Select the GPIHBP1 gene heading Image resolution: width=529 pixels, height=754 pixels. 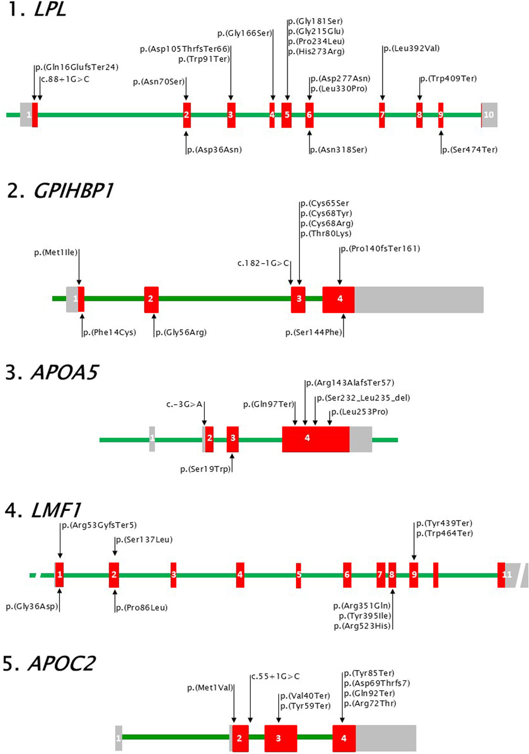tap(73, 191)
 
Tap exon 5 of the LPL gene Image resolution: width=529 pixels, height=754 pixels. tap(287, 115)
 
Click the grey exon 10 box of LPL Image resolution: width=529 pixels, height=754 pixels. tap(490, 115)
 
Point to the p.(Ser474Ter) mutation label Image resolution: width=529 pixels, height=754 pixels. tap(470, 150)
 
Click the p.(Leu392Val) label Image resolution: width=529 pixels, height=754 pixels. tap(412, 49)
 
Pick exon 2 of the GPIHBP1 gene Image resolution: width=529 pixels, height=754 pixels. tap(151, 299)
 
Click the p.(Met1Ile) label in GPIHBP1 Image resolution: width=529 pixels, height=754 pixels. tap(56, 253)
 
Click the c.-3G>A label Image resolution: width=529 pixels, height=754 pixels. tap(184, 404)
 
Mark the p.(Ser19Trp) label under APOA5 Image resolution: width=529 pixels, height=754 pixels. tap(205, 469)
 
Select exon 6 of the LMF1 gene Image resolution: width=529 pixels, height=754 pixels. tap(347, 574)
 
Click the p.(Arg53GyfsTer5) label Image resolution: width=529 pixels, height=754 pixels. tap(99, 525)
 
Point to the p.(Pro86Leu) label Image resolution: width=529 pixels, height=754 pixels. tap(142, 608)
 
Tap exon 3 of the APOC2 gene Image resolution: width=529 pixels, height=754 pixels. tap(280, 738)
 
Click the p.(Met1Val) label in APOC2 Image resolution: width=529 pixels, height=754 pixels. tap(210, 688)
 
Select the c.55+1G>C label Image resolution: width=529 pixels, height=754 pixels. tap(275, 676)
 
